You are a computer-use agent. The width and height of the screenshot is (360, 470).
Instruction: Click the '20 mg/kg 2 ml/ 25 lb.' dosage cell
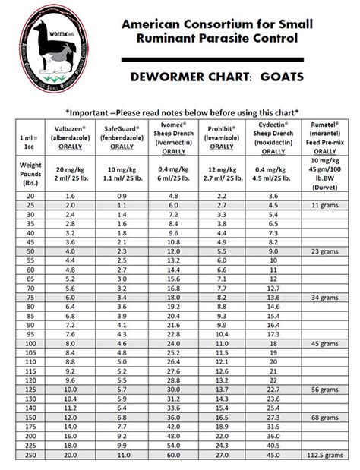point(68,174)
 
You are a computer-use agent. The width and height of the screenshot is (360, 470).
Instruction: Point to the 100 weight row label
point(28,344)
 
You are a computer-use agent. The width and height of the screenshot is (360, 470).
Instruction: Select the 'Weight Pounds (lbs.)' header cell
point(28,172)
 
